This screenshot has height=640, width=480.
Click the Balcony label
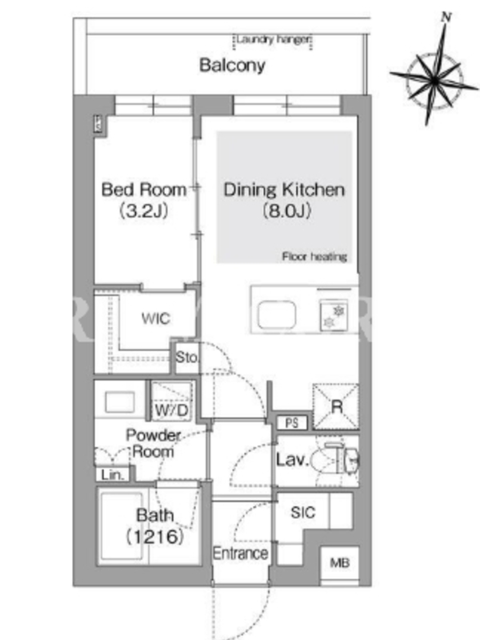click(232, 66)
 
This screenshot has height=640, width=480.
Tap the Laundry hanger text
click(274, 39)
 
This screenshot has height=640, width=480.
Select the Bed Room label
click(144, 190)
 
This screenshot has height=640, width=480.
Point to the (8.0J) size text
click(286, 210)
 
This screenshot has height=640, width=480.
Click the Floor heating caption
click(314, 256)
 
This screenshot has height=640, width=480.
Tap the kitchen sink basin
click(277, 314)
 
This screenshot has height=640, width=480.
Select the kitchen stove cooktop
click(334, 315)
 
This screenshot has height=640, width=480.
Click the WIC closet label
click(155, 318)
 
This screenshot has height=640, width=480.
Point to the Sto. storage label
click(187, 358)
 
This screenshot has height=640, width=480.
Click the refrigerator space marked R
click(336, 406)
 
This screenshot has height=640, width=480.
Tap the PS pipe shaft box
click(292, 422)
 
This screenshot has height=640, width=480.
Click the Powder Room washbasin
click(119, 402)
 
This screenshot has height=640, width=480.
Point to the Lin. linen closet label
click(112, 474)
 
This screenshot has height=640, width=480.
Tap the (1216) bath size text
click(154, 536)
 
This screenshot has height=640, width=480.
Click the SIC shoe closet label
click(303, 512)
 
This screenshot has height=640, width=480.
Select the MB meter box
click(339, 563)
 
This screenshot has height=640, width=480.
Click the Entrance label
click(241, 554)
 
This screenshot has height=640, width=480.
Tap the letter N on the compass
click(446, 17)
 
